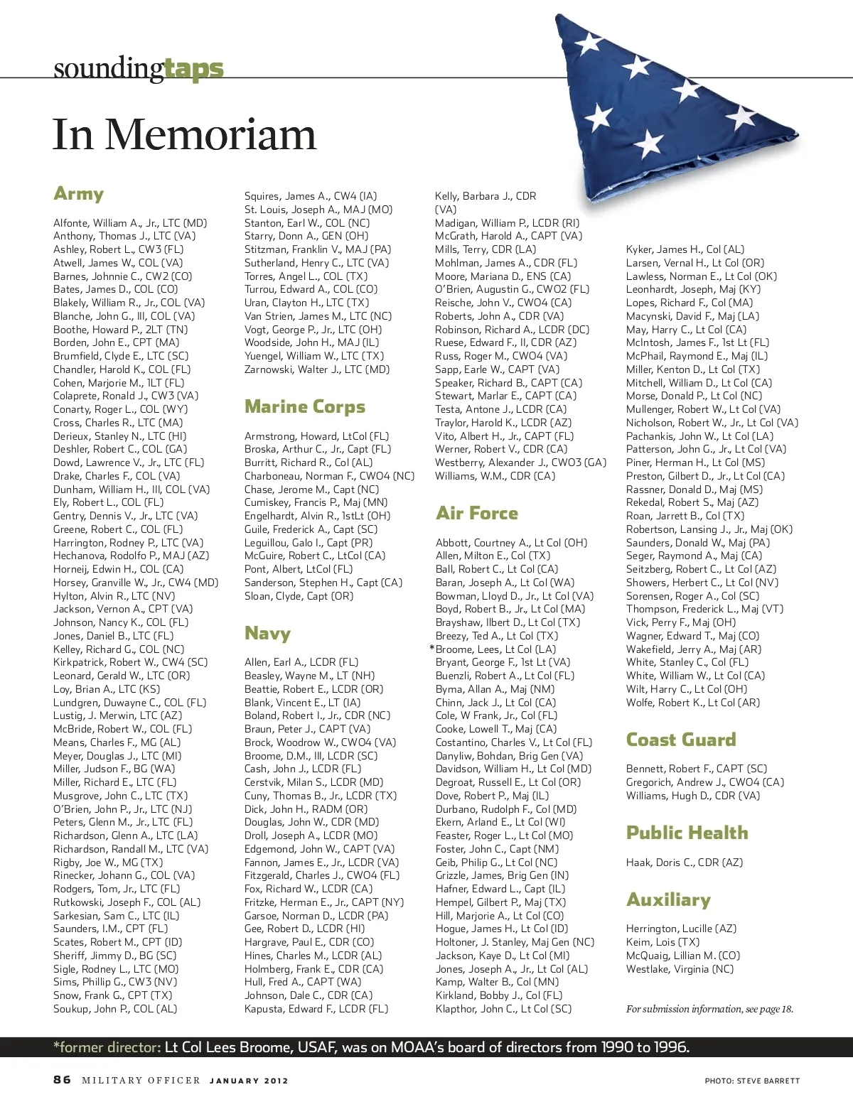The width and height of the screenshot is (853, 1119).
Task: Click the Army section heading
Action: (79, 194)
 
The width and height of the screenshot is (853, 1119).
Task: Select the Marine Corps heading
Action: (305, 406)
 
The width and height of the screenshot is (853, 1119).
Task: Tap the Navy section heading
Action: (267, 633)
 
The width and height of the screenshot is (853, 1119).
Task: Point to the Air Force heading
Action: (477, 513)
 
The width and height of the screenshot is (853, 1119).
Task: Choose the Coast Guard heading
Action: (681, 740)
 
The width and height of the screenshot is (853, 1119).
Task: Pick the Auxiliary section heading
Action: (668, 899)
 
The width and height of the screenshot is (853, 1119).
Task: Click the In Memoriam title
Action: (184, 135)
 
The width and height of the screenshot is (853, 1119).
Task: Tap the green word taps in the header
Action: (193, 69)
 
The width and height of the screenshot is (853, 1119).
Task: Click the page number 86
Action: (63, 1080)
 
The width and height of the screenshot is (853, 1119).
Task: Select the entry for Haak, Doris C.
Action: (684, 863)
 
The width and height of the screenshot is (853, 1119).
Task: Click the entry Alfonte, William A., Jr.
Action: (130, 223)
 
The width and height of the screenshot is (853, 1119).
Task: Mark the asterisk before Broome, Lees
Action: (431, 649)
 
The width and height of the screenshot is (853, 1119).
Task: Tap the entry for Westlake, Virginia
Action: (680, 969)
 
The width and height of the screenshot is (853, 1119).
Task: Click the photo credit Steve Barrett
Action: (752, 1081)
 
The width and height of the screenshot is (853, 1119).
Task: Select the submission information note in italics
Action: (709, 1009)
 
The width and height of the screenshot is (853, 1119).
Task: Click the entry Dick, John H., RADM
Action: (306, 809)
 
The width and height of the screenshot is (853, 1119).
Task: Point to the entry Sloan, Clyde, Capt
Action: (299, 596)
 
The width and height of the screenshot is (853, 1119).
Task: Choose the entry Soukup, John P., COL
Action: (115, 1009)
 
